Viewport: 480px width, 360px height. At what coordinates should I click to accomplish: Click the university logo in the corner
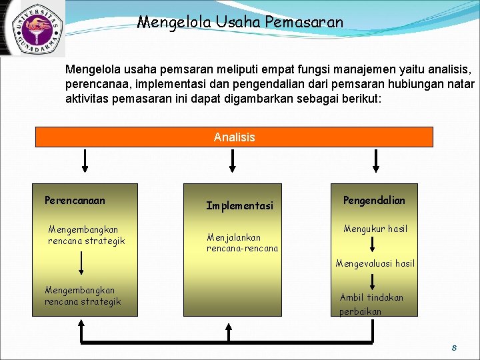(31, 27)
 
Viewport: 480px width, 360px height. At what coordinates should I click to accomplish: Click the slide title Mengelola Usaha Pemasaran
(240, 22)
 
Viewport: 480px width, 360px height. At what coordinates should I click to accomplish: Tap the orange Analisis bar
(234, 137)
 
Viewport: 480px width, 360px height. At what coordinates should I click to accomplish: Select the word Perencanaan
(75, 200)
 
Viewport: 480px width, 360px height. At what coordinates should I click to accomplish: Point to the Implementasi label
(239, 206)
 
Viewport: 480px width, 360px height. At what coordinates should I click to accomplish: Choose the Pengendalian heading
(374, 200)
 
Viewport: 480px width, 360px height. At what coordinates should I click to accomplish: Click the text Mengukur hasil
(375, 229)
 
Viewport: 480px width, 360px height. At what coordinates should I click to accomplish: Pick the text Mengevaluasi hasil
(375, 263)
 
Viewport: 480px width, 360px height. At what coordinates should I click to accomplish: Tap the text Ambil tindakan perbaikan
(371, 305)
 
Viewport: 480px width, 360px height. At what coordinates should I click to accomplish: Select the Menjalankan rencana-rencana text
(242, 243)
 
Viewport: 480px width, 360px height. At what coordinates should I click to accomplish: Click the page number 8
(454, 348)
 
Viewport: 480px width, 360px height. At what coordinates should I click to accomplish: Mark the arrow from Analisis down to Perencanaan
(85, 160)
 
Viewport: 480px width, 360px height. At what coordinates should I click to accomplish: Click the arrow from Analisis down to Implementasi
(233, 160)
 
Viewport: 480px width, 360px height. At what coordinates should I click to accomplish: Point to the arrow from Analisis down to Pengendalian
(376, 160)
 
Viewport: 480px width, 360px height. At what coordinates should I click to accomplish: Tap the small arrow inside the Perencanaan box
(81, 263)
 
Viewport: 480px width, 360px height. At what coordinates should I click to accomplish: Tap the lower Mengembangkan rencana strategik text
(83, 295)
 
